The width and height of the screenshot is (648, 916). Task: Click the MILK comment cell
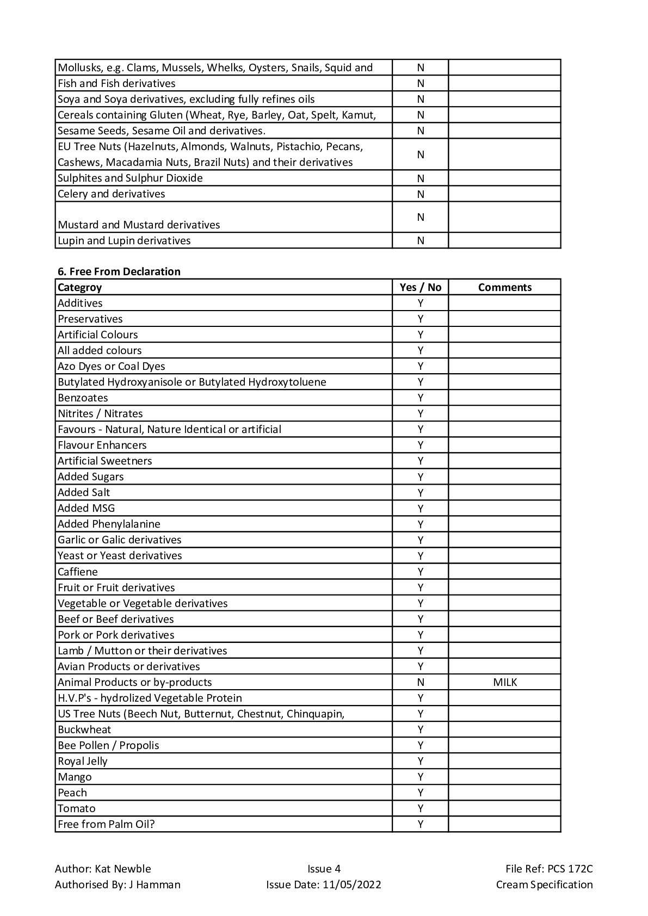(504, 682)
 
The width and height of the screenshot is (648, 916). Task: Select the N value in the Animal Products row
(420, 682)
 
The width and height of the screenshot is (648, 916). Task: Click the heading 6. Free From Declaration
(119, 271)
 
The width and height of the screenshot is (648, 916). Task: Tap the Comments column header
(504, 287)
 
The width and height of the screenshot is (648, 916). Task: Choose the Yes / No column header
(420, 287)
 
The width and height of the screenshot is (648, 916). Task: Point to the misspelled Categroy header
(80, 287)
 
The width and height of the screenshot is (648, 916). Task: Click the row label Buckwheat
(84, 729)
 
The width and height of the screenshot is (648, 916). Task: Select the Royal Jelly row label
(83, 761)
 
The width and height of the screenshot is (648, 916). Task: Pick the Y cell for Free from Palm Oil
(420, 824)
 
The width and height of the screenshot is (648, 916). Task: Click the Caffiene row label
(78, 572)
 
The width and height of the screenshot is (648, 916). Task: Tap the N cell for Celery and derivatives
(420, 194)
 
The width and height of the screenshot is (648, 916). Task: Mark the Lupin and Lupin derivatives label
(124, 240)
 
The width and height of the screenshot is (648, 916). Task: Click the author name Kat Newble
(123, 869)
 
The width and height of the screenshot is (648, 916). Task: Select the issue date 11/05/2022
(351, 884)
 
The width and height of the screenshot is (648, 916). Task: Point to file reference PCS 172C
(570, 869)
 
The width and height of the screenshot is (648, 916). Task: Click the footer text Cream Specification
(544, 884)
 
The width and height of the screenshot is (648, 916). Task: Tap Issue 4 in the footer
(324, 869)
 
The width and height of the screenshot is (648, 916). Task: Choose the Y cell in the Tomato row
(420, 808)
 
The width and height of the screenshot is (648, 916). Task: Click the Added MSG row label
(87, 508)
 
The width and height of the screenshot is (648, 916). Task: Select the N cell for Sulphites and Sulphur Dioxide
(420, 178)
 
